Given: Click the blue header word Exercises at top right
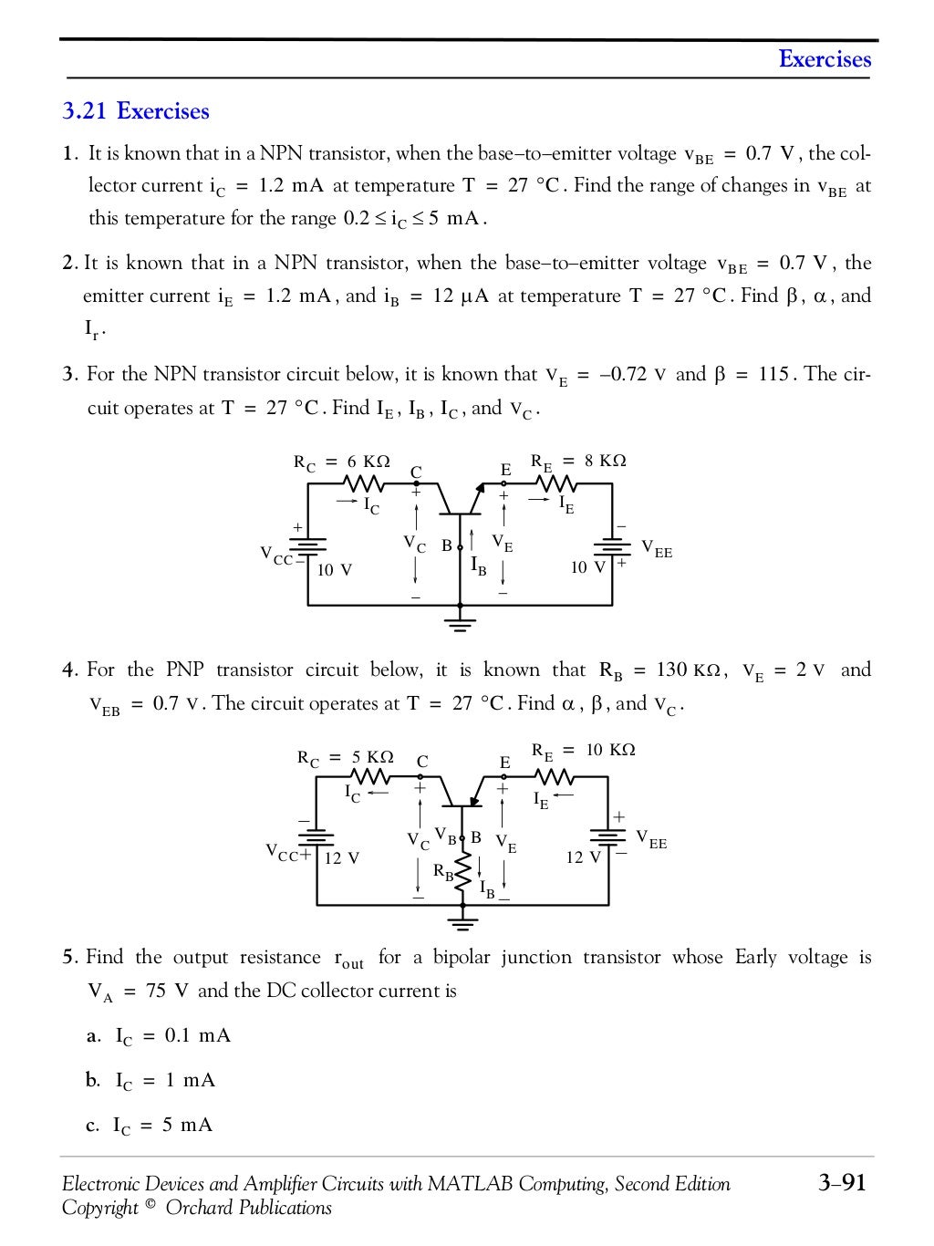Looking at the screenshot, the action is click(x=825, y=59).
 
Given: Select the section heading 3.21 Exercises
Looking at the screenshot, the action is click(x=136, y=111).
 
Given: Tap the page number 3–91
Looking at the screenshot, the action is click(x=841, y=1183).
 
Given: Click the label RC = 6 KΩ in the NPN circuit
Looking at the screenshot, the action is click(x=341, y=462).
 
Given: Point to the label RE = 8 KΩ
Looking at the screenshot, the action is click(x=578, y=462).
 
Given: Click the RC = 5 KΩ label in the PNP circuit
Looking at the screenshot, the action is click(x=345, y=758).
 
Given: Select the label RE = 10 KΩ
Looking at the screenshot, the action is click(x=583, y=751).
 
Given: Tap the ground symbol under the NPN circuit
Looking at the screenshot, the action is click(x=461, y=624).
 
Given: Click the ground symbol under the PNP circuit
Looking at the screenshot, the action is click(x=463, y=924).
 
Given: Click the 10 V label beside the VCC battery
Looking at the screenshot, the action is click(x=335, y=570).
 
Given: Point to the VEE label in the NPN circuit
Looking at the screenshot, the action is click(x=657, y=549).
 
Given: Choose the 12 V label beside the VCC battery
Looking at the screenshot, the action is click(x=342, y=858).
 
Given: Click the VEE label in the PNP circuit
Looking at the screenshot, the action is click(x=651, y=839).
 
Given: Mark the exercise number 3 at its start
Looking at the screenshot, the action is click(x=67, y=375).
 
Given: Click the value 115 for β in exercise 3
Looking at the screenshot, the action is click(x=773, y=375).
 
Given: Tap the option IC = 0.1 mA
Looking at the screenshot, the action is click(x=172, y=1036).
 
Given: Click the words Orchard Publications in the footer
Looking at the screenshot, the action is click(x=248, y=1209).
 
